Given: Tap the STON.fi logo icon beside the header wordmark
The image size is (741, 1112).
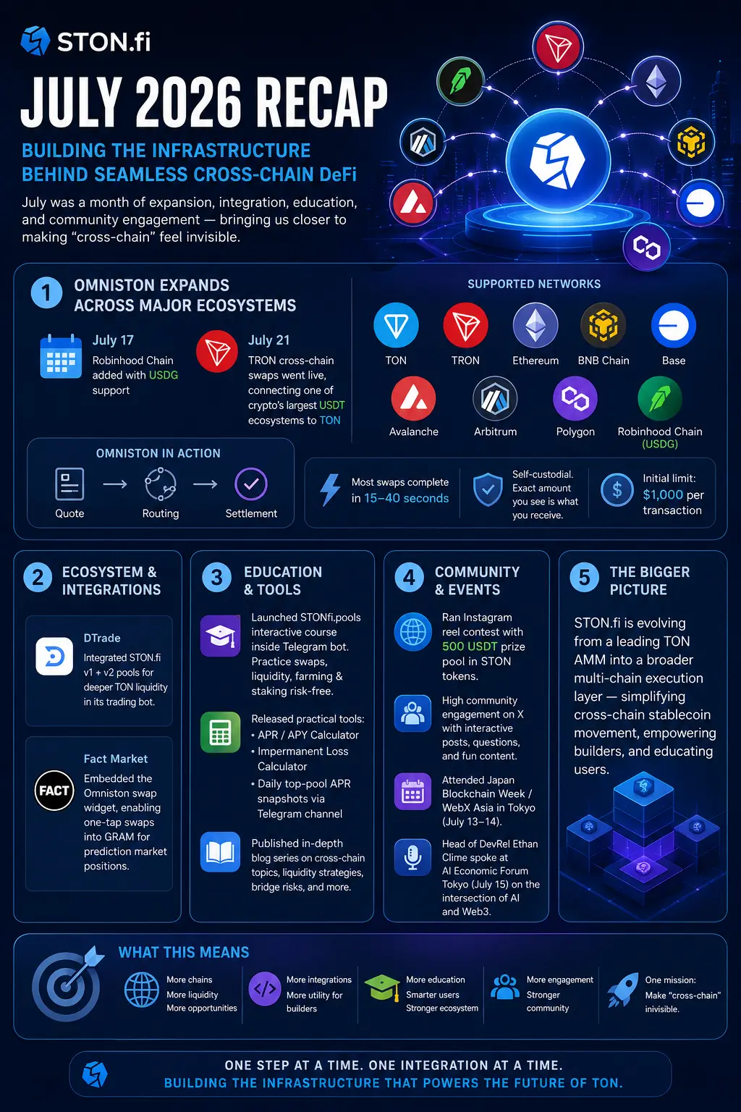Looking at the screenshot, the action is coord(35,41).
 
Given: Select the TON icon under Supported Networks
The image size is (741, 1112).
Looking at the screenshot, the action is coord(396,325).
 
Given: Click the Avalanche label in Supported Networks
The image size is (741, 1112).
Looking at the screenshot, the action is coord(413,431).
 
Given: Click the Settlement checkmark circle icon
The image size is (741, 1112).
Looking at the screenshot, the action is coord(250,484).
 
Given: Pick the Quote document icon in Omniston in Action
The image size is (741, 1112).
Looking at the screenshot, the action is coord(69,484).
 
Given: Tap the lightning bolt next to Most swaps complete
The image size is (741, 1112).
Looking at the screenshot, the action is coord(330,489).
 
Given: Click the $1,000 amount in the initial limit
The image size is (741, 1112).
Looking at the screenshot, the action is coord(663,494).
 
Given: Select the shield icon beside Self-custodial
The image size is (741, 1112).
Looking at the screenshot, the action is coord(488,489).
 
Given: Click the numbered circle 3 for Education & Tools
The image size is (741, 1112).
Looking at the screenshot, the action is coord(216,577).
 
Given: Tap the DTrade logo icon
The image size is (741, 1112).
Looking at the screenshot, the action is coord(54,657).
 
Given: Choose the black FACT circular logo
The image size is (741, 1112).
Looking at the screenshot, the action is coord(54,791).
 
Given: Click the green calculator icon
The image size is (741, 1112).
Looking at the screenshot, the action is coord(220,732).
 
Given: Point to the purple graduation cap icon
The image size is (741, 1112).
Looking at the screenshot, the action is coord(220,636).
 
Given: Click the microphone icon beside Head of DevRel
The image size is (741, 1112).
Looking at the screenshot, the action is coord(412,857).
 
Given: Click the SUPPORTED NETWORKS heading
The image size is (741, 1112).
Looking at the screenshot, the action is coord(534,284).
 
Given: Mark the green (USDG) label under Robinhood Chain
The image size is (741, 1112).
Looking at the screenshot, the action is coord(660,444).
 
